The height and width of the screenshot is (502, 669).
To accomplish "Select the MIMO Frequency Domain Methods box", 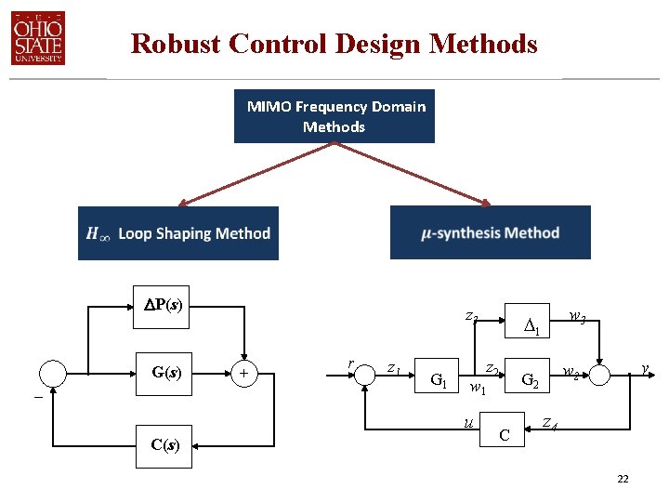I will (x=334, y=116).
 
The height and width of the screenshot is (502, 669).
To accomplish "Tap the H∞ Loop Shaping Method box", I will (x=178, y=233).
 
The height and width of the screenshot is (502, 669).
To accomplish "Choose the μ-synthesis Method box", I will (x=490, y=232).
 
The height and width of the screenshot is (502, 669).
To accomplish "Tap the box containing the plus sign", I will (x=244, y=374).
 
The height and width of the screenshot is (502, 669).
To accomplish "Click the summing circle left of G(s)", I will (x=54, y=374).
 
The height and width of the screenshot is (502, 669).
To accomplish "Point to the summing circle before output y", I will (x=597, y=374).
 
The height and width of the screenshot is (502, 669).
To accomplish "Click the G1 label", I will (x=439, y=379).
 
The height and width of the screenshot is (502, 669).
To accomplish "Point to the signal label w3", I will (x=577, y=319).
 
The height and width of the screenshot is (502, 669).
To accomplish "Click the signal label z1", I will (x=394, y=368).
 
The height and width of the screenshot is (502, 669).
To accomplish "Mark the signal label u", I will (x=467, y=423).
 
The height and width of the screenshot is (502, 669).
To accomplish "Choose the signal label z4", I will (x=550, y=424).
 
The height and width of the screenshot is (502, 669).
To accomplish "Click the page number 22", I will (x=623, y=479).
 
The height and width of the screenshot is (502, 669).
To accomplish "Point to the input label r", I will (x=349, y=363).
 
